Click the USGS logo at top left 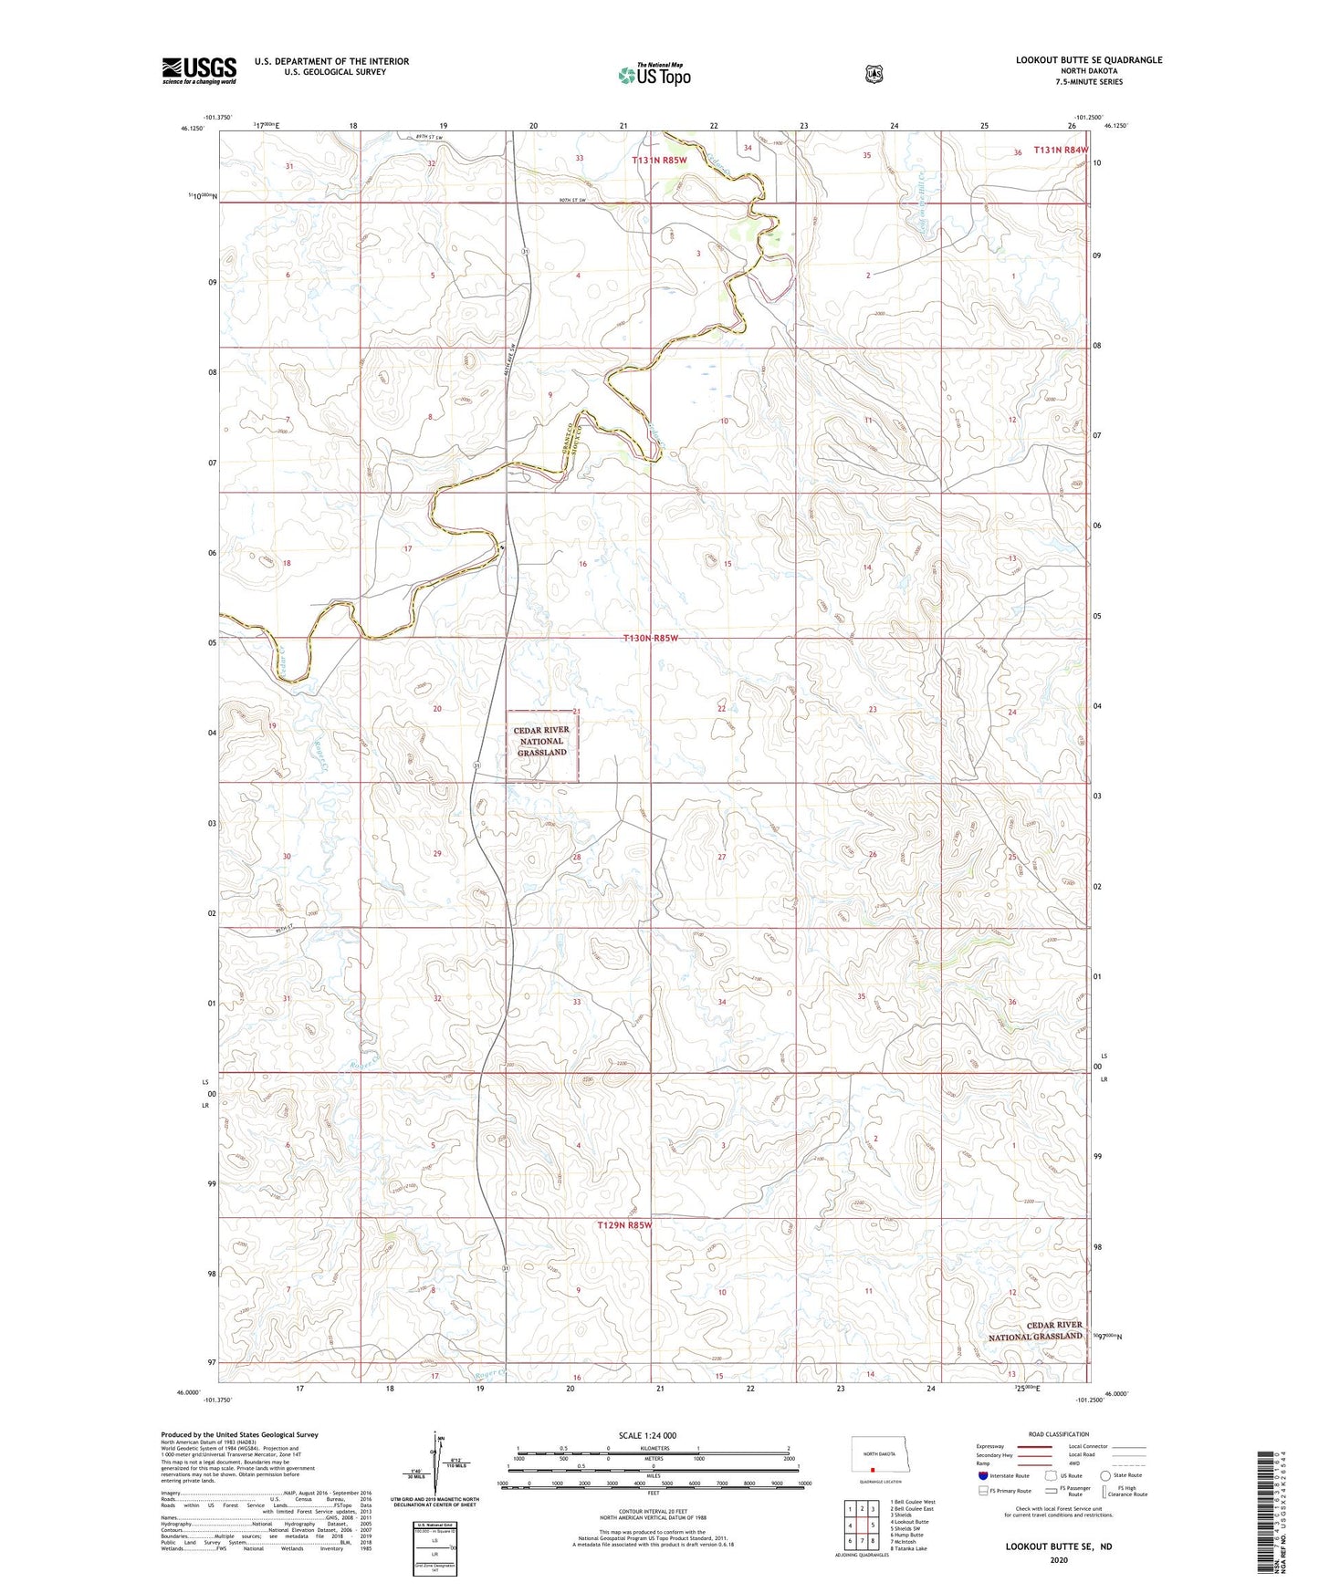point(199,70)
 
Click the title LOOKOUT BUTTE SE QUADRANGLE point(1088,60)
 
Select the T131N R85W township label point(659,160)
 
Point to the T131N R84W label point(1061,151)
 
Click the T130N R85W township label point(650,639)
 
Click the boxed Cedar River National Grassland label point(542,742)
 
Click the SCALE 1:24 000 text point(647,1435)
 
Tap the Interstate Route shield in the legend point(982,1475)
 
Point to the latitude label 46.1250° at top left point(194,129)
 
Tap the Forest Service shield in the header point(874,73)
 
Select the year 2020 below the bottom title point(1058,1559)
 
